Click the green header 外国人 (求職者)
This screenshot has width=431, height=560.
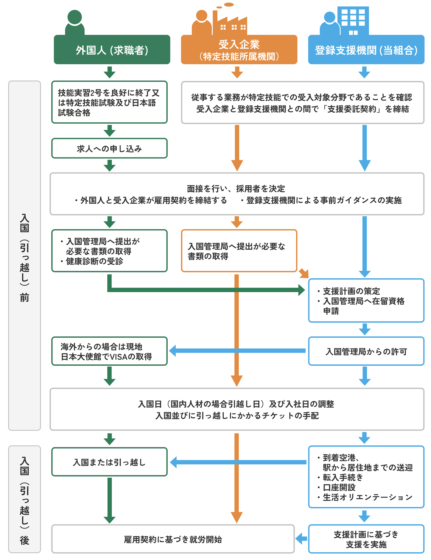(x=112, y=50)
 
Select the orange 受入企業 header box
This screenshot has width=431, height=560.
(x=239, y=50)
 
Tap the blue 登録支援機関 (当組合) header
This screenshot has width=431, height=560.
(x=366, y=50)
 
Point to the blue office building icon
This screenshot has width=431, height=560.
(x=353, y=20)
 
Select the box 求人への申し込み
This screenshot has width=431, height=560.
(x=109, y=148)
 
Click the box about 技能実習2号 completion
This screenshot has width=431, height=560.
(x=109, y=102)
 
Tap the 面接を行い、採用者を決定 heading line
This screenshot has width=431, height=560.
(x=236, y=188)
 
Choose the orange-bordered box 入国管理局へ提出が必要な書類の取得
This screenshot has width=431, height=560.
(x=239, y=251)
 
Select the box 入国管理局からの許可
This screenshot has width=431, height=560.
(x=366, y=351)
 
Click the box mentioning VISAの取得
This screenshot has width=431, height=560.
(x=109, y=351)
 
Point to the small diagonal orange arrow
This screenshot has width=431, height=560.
(x=304, y=273)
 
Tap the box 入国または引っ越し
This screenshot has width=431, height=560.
(x=109, y=462)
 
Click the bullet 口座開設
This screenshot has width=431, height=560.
(x=339, y=487)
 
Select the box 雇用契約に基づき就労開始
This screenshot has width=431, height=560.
(x=173, y=539)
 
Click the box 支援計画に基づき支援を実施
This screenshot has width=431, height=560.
(x=366, y=539)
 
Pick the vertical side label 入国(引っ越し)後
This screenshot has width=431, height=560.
(x=25, y=499)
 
